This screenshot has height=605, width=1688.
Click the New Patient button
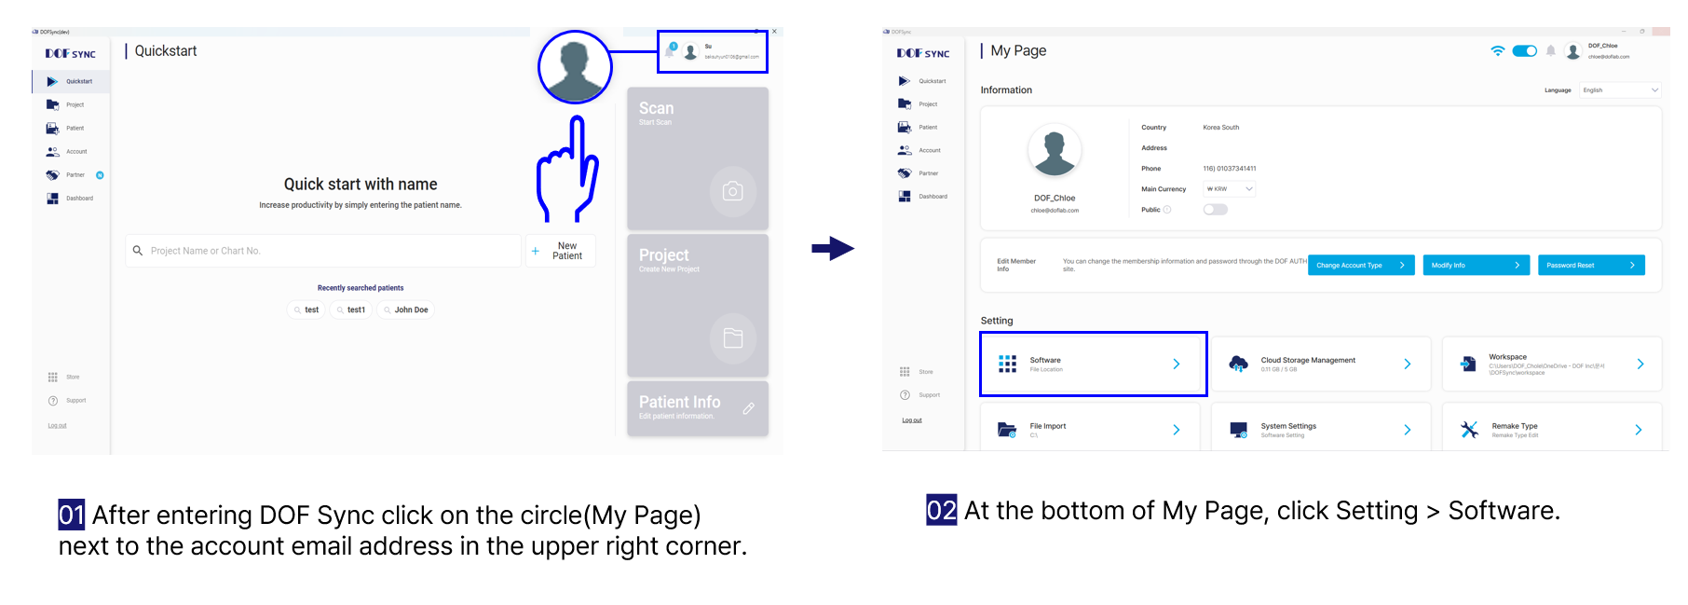pyautogui.click(x=561, y=251)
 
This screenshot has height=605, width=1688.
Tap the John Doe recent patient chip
pyautogui.click(x=406, y=309)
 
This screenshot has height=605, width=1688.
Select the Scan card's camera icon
pyautogui.click(x=733, y=191)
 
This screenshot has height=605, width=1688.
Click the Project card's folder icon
pyautogui.click(x=733, y=337)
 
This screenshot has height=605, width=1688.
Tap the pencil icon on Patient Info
pyautogui.click(x=748, y=408)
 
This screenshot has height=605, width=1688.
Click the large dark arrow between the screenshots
pyautogui.click(x=832, y=248)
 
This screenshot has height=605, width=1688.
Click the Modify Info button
pyautogui.click(x=1476, y=266)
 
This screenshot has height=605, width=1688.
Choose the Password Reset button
pyautogui.click(x=1590, y=266)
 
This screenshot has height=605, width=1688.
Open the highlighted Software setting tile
pyautogui.click(x=1093, y=364)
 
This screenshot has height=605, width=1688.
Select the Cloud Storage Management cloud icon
pyautogui.click(x=1238, y=364)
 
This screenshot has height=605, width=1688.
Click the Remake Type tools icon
pyautogui.click(x=1469, y=430)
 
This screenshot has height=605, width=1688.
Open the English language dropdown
pyautogui.click(x=1620, y=90)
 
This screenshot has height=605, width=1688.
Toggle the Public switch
pyautogui.click(x=1215, y=210)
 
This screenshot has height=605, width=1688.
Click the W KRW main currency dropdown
pyautogui.click(x=1229, y=189)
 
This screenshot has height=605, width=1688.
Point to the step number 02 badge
pyautogui.click(x=941, y=510)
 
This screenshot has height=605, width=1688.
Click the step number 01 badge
pyautogui.click(x=72, y=515)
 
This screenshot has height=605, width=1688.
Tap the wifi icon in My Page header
pyautogui.click(x=1497, y=51)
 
